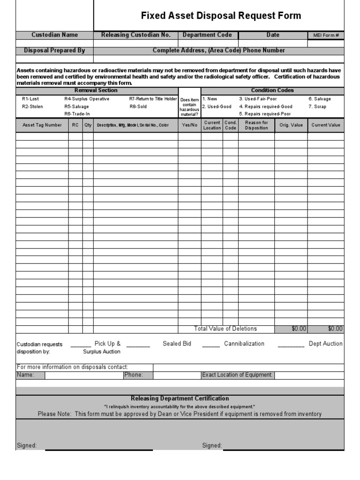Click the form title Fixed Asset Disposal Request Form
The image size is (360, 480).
coord(221,16)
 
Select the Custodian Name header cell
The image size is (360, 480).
coord(54,35)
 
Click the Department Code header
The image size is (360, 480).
coord(207,35)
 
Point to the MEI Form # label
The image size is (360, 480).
coord(326,36)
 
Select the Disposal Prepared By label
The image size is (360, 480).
coord(54,51)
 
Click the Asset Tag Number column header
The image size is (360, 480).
coord(42,125)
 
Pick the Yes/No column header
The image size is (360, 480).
coord(189,125)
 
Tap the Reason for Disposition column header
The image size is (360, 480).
coord(256,125)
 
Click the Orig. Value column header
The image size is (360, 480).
coord(291,125)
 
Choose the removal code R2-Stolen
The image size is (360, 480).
coord(32,107)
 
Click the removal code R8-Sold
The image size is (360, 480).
coord(138,107)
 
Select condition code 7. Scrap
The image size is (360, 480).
coord(318,107)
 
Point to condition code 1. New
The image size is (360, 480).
coord(210,99)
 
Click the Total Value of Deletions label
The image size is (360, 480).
coord(225,329)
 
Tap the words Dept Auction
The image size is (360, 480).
coord(325,344)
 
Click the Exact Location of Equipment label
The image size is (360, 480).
coord(237,375)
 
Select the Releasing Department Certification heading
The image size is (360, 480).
coord(180,398)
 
